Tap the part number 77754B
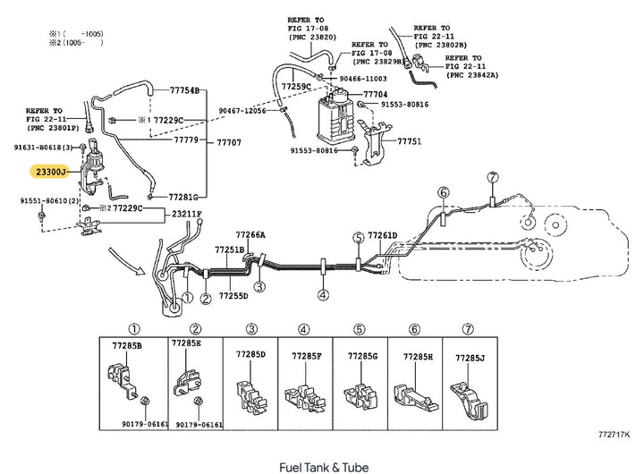[x=188, y=91]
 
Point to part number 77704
[x=376, y=94]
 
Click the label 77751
[x=409, y=141]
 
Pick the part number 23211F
[x=187, y=214]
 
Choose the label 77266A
[x=250, y=235]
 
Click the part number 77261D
[x=382, y=235]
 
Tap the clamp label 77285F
[x=306, y=356]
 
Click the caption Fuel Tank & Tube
[x=323, y=467]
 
